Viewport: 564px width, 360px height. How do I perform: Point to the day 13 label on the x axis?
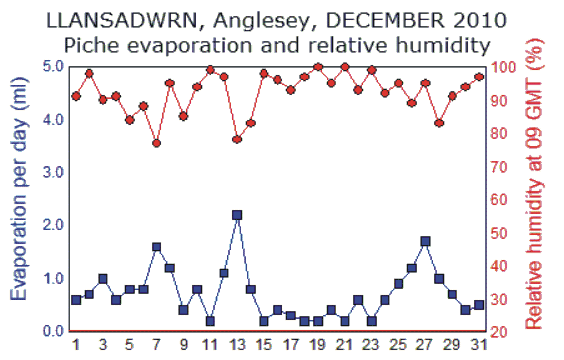(x=236, y=345)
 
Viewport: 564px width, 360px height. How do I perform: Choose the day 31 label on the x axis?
(x=479, y=345)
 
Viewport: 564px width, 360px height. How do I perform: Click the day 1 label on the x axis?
(x=76, y=345)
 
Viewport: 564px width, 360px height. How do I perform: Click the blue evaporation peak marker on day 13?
(x=237, y=215)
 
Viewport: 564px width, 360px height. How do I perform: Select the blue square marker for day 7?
(x=157, y=247)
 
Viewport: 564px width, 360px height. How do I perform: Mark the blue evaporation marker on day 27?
(x=426, y=241)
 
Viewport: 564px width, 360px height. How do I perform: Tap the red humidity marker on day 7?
(x=157, y=143)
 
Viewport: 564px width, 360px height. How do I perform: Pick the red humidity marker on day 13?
(x=237, y=139)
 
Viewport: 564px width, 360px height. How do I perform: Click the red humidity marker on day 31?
(x=479, y=77)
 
